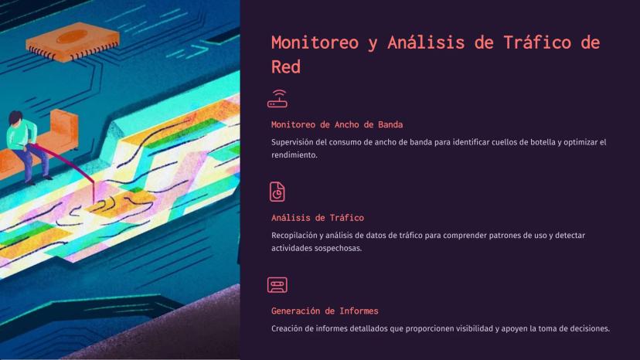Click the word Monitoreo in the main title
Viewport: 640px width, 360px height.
coord(315,42)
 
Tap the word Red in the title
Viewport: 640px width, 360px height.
coord(286,66)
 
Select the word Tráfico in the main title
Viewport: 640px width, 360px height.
coord(536,42)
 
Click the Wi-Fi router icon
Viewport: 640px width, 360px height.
coord(277,99)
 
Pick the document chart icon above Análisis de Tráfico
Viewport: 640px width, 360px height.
coord(277,192)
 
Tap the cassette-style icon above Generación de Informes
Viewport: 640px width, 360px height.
coord(277,285)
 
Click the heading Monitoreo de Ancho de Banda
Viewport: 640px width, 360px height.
coord(337,124)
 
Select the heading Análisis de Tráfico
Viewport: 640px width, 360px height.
coord(318,218)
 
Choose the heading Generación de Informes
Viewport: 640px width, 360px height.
coord(325,311)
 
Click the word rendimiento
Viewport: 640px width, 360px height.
coord(294,155)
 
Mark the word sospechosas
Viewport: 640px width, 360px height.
coord(339,248)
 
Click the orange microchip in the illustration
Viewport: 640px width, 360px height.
coord(73,42)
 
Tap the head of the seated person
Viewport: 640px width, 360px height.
coord(15,118)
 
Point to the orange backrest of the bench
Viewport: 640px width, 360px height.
coord(64,127)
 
